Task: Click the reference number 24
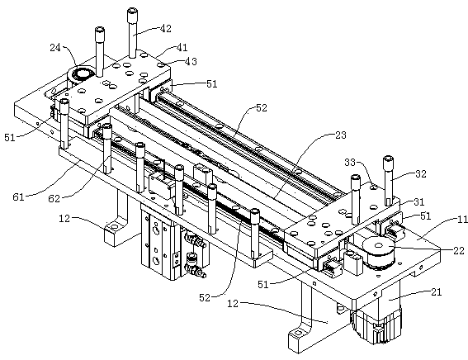pyautogui.click(x=55, y=47)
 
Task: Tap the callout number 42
pyautogui.click(x=166, y=29)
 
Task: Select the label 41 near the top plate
pyautogui.click(x=182, y=47)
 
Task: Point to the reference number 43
pyautogui.click(x=191, y=61)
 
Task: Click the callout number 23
pyautogui.click(x=341, y=135)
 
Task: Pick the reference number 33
pyautogui.click(x=350, y=163)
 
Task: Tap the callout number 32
pyautogui.click(x=421, y=173)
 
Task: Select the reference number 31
pyautogui.click(x=419, y=202)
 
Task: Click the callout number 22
pyautogui.click(x=459, y=251)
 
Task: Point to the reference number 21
pyautogui.click(x=437, y=292)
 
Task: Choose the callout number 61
pyautogui.click(x=18, y=197)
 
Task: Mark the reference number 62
pyautogui.click(x=54, y=198)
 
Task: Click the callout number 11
pyautogui.click(x=462, y=220)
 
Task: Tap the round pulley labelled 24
pyautogui.click(x=81, y=73)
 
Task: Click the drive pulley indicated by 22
pyautogui.click(x=379, y=251)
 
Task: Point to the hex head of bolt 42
pyautogui.click(x=132, y=12)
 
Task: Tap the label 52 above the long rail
pyautogui.click(x=262, y=108)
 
